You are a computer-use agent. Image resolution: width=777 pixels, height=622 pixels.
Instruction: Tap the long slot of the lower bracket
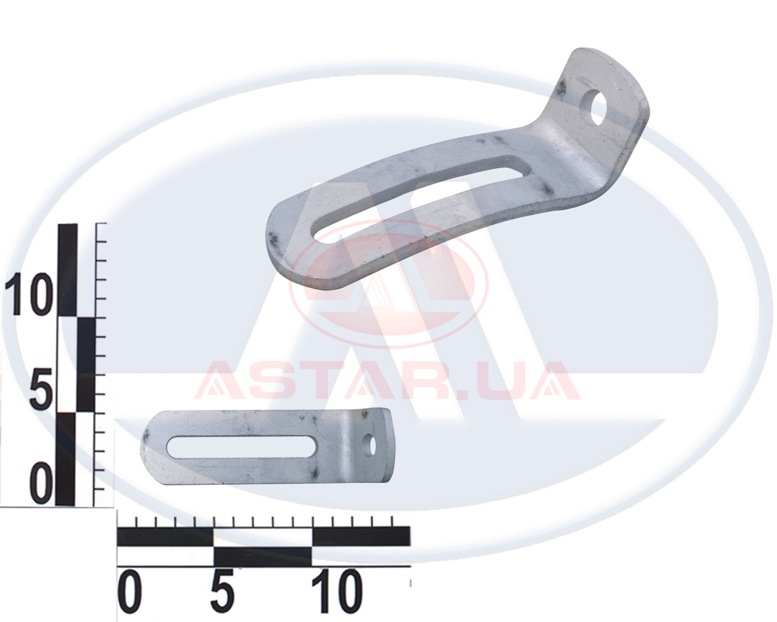(242, 446)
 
